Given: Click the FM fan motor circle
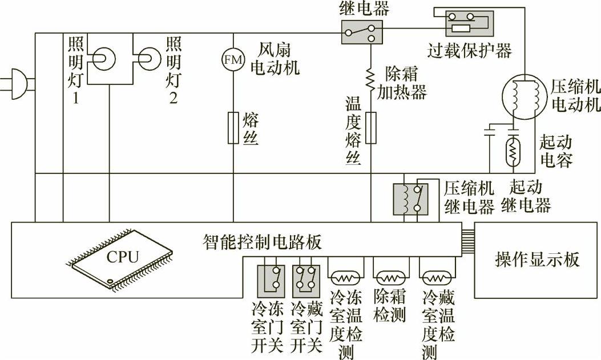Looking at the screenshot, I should (x=233, y=58).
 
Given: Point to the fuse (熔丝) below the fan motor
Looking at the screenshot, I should (x=233, y=126).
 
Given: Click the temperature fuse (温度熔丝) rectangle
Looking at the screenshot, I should (x=370, y=127).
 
